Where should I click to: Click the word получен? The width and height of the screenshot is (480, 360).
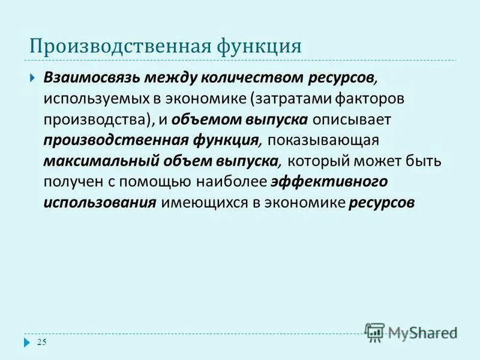(70, 182)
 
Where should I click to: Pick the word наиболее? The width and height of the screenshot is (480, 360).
(233, 182)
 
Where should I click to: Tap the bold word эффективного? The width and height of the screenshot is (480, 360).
(329, 182)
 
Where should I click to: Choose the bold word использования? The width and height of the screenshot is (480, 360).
(100, 203)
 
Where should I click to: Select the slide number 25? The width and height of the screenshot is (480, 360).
(42, 343)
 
